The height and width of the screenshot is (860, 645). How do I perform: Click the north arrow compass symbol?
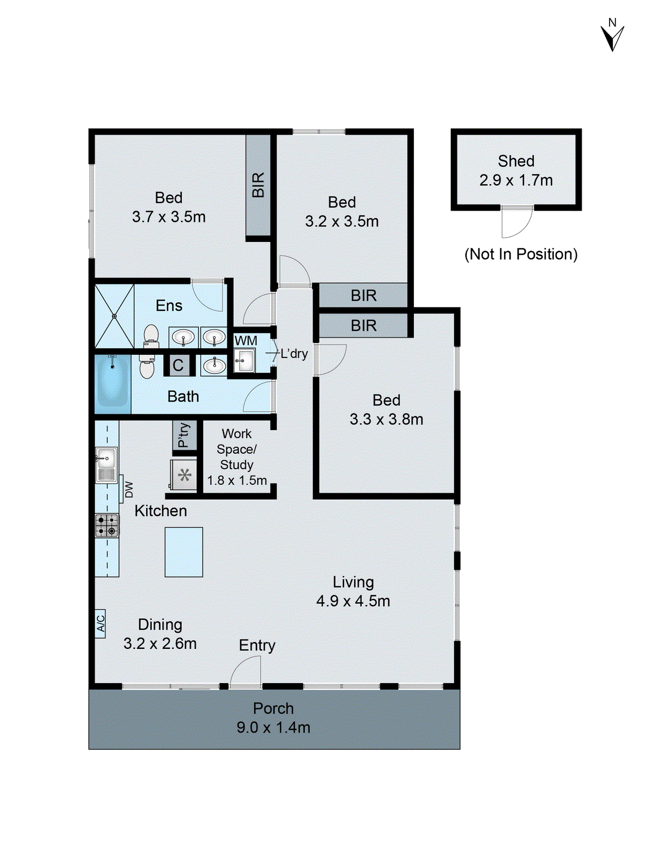tap(612, 37)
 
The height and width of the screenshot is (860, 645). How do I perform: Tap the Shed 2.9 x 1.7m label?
tap(516, 170)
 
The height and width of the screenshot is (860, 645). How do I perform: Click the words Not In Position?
tap(521, 254)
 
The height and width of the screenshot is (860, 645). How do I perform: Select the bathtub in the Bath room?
tap(112, 383)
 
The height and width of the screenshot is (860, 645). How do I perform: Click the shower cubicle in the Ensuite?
tap(114, 316)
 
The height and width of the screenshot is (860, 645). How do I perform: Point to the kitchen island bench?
tap(183, 552)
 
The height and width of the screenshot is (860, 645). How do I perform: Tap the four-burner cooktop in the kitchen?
tap(107, 526)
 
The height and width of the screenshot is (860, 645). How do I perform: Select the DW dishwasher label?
tap(129, 489)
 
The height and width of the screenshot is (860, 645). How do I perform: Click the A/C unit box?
tap(100, 623)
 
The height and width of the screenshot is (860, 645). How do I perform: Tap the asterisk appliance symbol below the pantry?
tap(184, 475)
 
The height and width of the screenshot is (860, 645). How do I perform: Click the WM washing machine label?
tap(246, 341)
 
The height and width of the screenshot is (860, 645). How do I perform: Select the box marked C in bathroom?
tap(178, 365)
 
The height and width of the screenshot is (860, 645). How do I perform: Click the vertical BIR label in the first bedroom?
tap(258, 184)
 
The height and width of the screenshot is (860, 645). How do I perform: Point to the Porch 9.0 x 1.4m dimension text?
tap(273, 727)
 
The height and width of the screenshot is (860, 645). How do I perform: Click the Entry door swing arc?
tap(246, 672)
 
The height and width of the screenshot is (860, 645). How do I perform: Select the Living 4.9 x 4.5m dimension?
tap(353, 601)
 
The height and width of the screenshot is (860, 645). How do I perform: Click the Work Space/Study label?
tap(237, 449)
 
